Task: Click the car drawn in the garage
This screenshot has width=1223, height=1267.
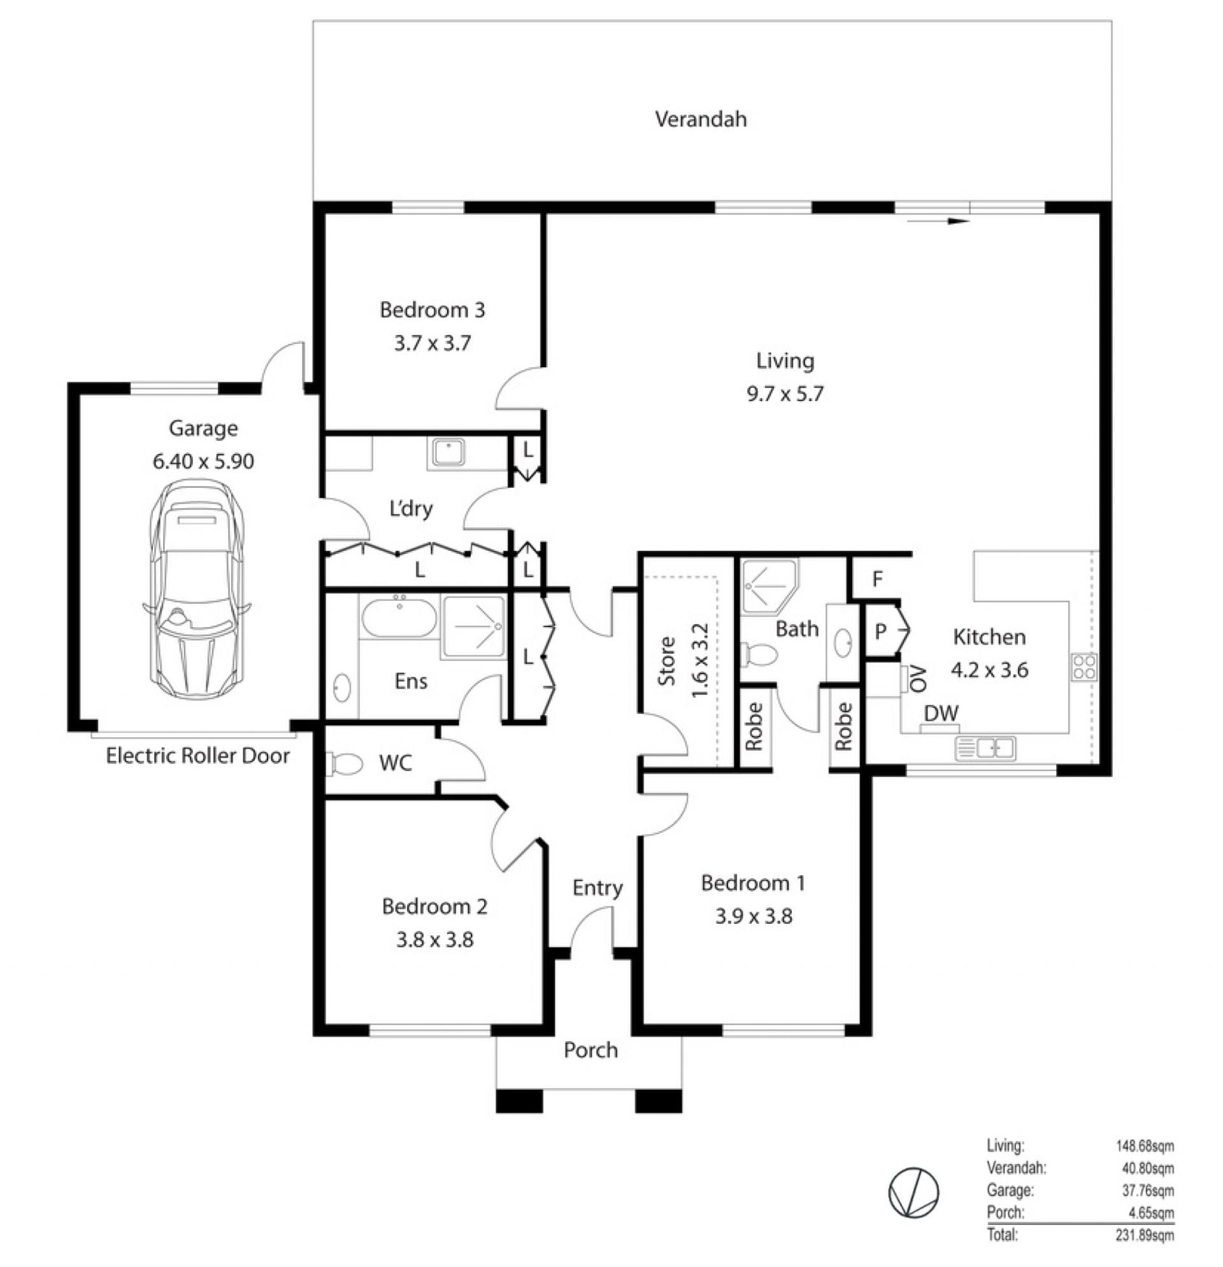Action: [x=197, y=590]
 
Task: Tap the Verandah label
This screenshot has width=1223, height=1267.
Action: [x=701, y=120]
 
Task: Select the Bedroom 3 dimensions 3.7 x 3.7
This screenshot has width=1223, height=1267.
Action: [x=432, y=343]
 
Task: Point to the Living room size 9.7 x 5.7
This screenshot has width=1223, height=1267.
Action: [x=785, y=393]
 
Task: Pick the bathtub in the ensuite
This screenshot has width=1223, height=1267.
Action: [x=398, y=618]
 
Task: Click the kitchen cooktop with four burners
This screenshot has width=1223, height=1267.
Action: [x=1084, y=667]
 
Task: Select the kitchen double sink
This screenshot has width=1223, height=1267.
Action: [x=985, y=749]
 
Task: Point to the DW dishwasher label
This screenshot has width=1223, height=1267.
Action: [x=940, y=714]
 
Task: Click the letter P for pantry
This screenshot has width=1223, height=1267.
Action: [x=880, y=632]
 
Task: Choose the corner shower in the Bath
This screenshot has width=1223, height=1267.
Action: [x=769, y=586]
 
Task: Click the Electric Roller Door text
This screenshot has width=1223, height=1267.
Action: [x=197, y=756]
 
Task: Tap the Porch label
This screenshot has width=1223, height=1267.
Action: [x=590, y=1051]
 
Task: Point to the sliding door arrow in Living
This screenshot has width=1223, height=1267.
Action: [x=938, y=221]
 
